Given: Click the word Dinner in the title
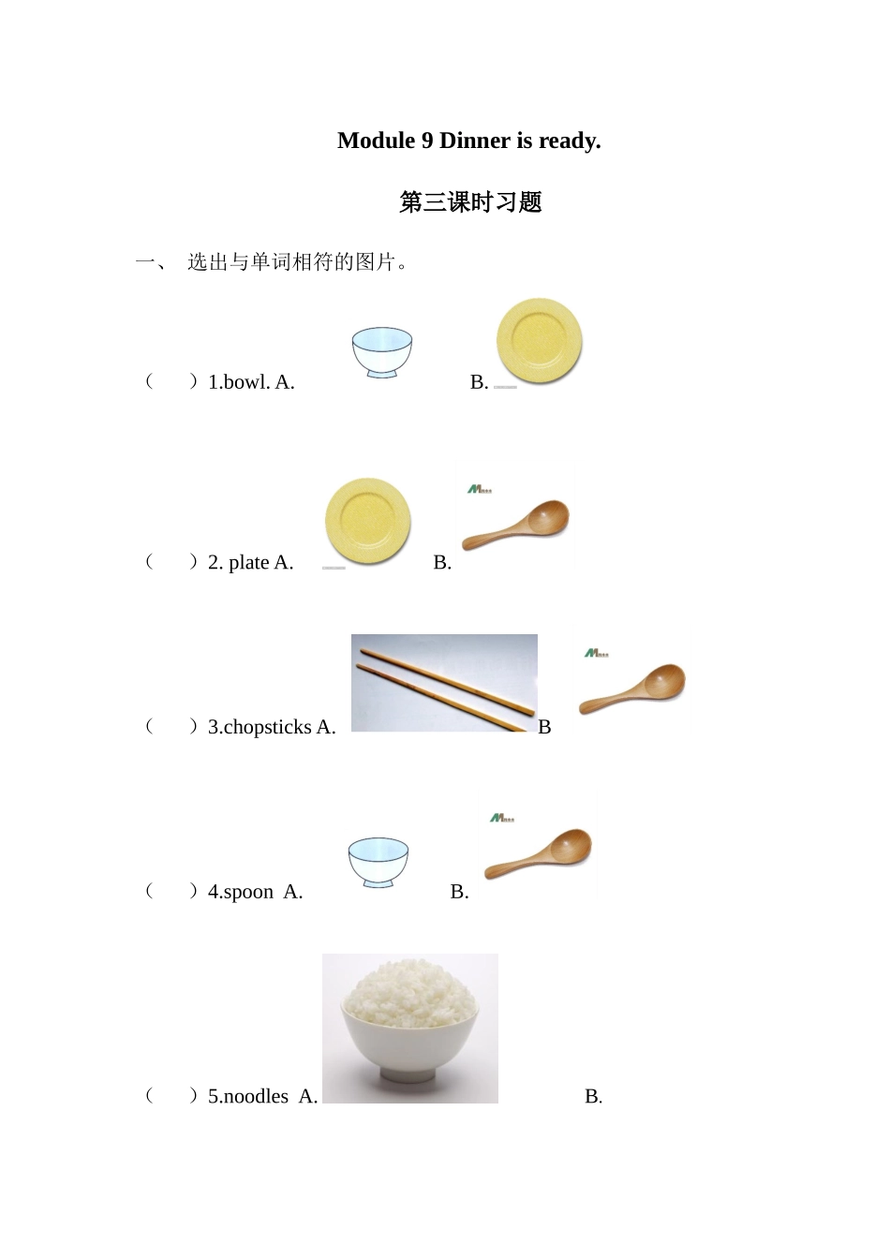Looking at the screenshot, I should [475, 141].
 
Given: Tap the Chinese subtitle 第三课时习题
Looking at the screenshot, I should [470, 202].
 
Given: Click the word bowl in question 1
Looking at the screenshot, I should [246, 382].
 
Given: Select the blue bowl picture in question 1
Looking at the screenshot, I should [382, 352].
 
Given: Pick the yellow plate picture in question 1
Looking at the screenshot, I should [539, 341].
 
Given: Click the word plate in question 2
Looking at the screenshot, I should [248, 563].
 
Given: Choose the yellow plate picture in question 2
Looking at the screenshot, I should [367, 522].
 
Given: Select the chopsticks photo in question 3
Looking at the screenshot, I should [444, 683].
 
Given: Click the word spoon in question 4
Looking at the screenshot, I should [248, 892].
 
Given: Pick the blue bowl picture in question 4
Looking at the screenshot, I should [378, 863].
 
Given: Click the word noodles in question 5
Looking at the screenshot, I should [256, 1096].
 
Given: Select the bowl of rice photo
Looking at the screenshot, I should [410, 1029].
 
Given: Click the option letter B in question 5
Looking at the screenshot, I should [592, 1096].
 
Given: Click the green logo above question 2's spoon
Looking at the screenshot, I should [479, 489].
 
